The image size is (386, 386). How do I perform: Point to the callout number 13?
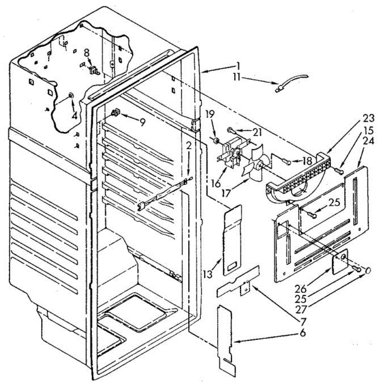click(x=208, y=274)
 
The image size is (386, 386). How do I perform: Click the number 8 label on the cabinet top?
click(x=87, y=53)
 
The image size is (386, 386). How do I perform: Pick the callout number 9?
click(x=142, y=122)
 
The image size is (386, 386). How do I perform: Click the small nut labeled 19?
click(x=216, y=141)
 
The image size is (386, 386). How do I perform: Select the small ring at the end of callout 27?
click(x=368, y=271)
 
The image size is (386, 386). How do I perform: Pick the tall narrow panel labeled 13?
click(x=232, y=240)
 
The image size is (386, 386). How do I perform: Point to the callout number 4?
click(x=74, y=116)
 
